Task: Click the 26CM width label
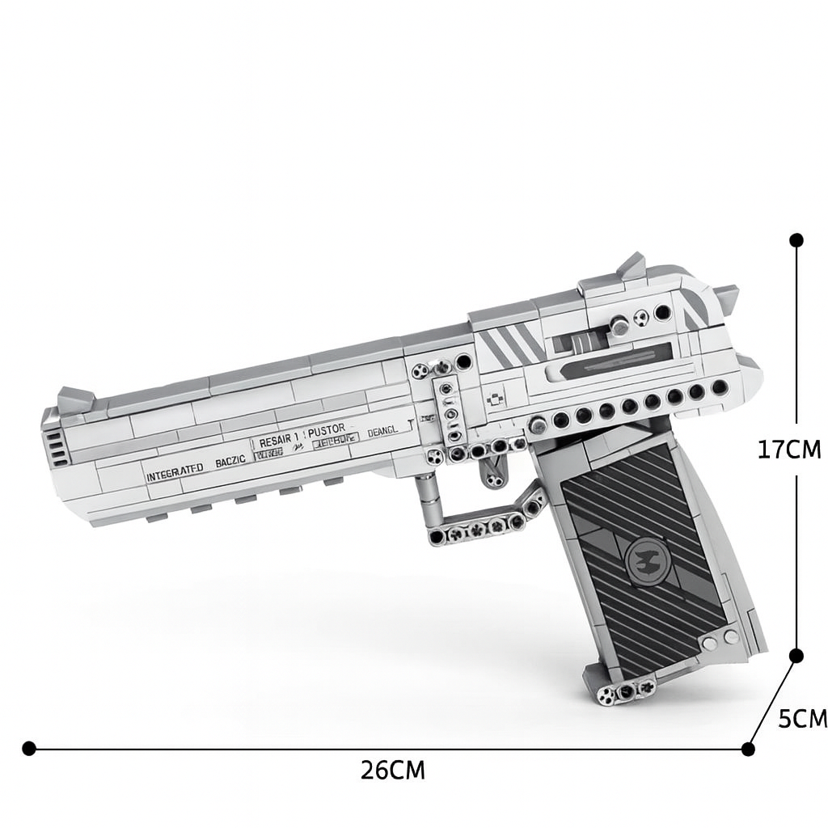pyautogui.click(x=392, y=770)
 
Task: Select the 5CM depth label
pyautogui.click(x=802, y=718)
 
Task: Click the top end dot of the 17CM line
pyautogui.click(x=796, y=240)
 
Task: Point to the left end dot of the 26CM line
pyautogui.click(x=29, y=749)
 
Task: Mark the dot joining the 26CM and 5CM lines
pyautogui.click(x=748, y=750)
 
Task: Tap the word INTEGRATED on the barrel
pyautogui.click(x=175, y=475)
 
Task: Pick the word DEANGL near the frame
pyautogui.click(x=382, y=432)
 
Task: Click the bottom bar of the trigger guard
pyautogui.click(x=477, y=530)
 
